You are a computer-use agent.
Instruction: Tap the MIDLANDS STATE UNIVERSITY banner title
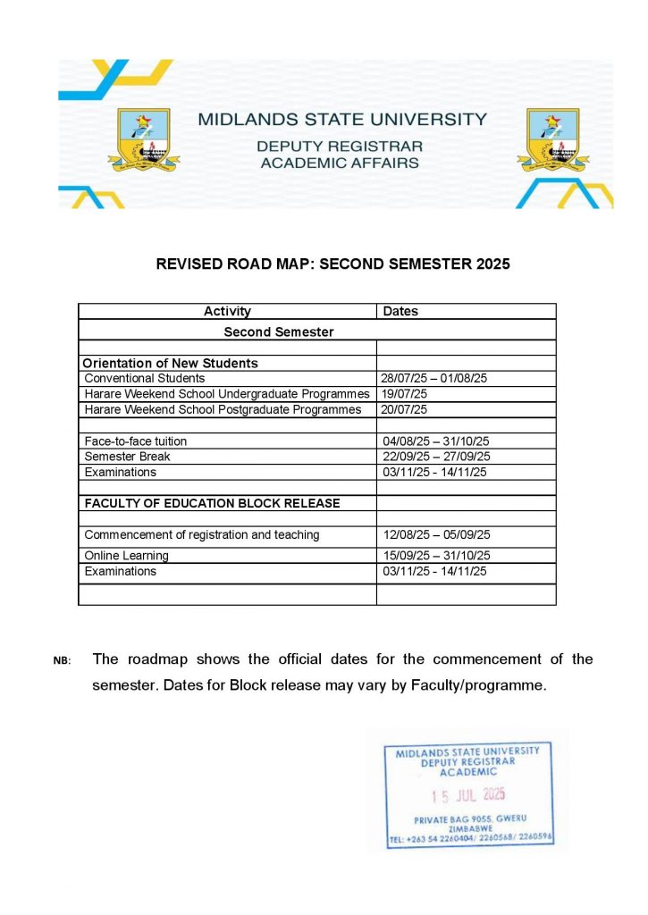pos(342,119)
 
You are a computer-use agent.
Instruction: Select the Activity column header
pos(227,312)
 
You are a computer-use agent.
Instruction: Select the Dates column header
pos(400,312)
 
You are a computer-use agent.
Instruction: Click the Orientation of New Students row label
pos(170,364)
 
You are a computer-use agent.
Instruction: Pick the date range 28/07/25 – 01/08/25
pos(434,379)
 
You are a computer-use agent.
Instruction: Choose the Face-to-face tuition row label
pos(136,441)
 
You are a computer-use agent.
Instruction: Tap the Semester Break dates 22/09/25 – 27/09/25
pos(434,457)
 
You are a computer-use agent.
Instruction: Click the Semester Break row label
pos(127,457)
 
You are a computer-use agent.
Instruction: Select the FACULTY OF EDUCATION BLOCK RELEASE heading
pos(212,503)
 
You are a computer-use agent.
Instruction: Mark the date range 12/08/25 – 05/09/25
pos(434,535)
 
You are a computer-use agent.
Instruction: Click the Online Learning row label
pos(126,556)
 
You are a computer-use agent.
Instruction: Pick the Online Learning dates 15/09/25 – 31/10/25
pos(434,556)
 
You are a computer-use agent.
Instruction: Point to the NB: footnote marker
pos(62,661)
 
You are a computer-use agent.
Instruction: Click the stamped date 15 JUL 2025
pos(468,794)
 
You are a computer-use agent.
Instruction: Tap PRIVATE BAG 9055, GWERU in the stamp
pos(470,819)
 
